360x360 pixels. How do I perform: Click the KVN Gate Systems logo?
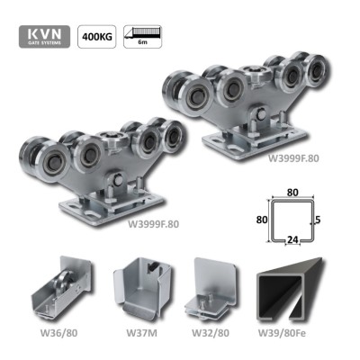pyautogui.click(x=44, y=36)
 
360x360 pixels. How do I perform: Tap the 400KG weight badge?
pyautogui.click(x=97, y=37)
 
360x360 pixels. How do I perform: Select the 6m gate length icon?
pyautogui.click(x=143, y=37)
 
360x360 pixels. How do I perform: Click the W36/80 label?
pyautogui.click(x=58, y=333)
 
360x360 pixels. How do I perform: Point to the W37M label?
pyautogui.click(x=141, y=333)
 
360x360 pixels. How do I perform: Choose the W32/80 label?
pyautogui.click(x=211, y=333)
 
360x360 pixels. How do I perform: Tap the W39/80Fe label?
pyautogui.click(x=282, y=333)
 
